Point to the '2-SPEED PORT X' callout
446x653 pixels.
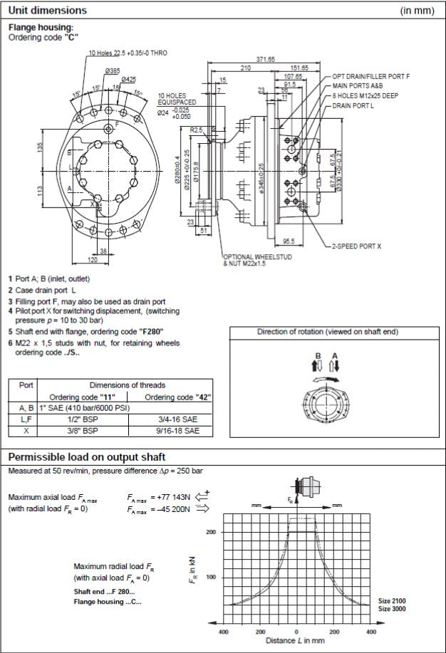tap(356, 246)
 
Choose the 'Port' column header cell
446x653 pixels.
tap(26, 384)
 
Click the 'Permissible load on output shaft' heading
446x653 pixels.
tap(89, 456)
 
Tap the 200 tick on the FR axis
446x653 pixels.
tap(211, 532)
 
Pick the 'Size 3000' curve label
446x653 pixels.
tap(392, 610)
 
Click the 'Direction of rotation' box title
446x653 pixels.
tap(327, 332)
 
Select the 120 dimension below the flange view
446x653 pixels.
tap(90, 259)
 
